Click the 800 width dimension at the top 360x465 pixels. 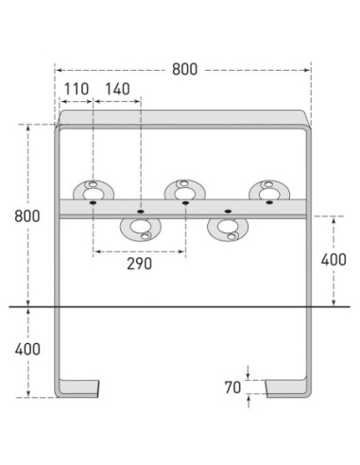pos(184,69)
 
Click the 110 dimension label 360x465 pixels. pos(77,89)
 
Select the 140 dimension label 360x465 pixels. pos(117,89)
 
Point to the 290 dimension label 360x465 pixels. pos(139,264)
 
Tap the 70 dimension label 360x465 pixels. pos(232,387)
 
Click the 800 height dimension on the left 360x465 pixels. pos(27,216)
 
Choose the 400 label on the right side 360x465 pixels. pos(334,260)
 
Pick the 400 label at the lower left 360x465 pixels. pos(27,350)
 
